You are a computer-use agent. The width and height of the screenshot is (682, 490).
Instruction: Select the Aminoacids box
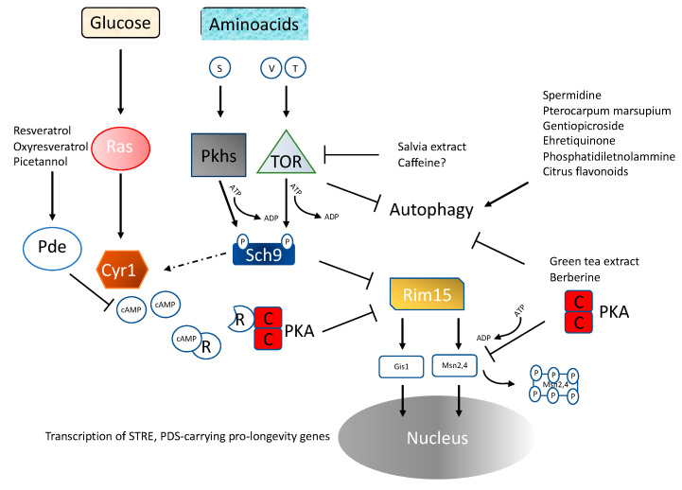click(251, 22)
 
